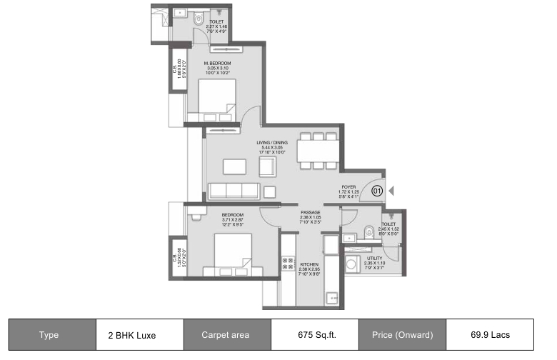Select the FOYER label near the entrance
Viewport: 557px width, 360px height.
click(348, 187)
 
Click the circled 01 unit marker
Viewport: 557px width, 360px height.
click(377, 191)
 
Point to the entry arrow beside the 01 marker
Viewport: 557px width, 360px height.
click(391, 191)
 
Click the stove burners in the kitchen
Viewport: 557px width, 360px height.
click(288, 265)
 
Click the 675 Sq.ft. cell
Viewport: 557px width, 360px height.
click(314, 334)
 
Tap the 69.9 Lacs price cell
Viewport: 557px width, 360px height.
click(490, 334)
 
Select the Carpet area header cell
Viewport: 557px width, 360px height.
click(227, 334)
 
